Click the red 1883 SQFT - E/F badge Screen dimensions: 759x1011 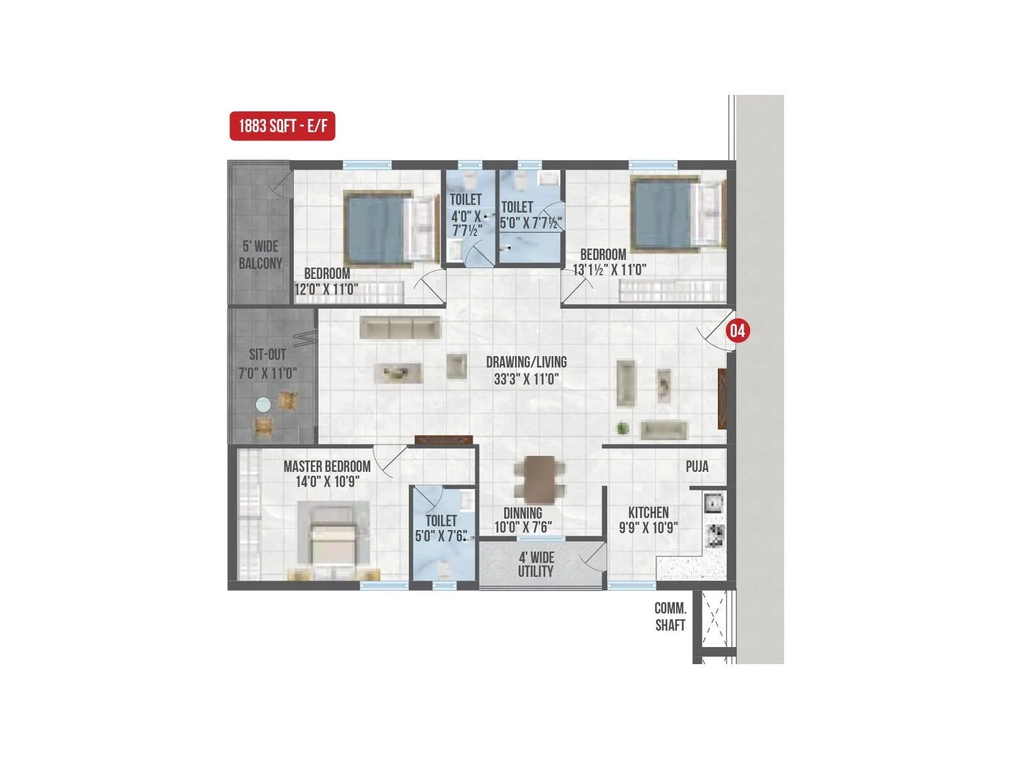282,126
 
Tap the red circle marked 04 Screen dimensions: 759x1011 737,330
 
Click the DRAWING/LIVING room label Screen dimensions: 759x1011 526,362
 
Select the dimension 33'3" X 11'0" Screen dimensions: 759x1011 526,379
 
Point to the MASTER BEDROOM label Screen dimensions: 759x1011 327,467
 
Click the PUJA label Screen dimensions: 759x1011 697,467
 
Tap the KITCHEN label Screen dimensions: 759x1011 648,512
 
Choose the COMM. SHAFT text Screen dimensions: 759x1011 670,617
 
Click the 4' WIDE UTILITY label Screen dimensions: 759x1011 536,564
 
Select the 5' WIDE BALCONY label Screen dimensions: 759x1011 260,255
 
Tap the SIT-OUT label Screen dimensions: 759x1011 267,355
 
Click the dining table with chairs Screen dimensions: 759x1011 540,479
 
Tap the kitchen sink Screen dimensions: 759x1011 714,503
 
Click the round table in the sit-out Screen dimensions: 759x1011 263,404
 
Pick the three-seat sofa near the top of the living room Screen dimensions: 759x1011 400,328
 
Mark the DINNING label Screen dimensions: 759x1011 523,513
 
